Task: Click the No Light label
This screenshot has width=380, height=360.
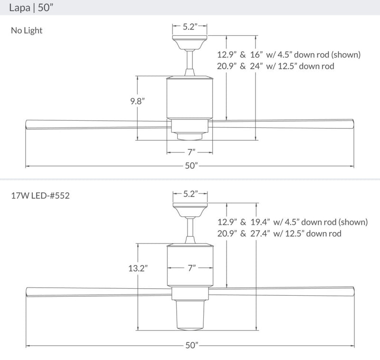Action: [27, 31]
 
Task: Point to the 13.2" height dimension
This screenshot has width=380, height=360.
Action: [138, 268]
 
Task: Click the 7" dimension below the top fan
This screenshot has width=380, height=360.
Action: [190, 152]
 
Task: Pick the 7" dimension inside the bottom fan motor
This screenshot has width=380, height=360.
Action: [191, 268]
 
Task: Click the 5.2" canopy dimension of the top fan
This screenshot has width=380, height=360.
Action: [190, 27]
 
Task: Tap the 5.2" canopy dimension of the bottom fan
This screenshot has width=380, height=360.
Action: [190, 194]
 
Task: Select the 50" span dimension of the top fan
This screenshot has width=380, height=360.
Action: [190, 166]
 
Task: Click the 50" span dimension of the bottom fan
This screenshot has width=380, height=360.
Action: [190, 346]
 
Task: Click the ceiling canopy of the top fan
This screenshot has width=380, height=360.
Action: [190, 44]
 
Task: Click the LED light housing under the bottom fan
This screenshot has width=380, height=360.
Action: [190, 315]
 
